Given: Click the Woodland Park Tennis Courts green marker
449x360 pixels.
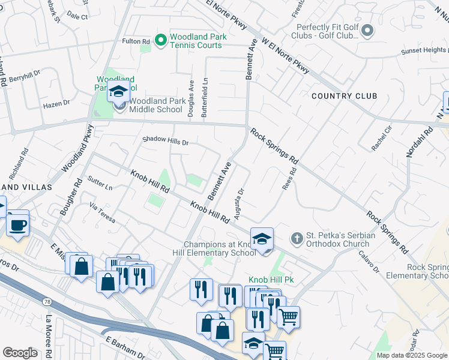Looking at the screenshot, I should pos(160,41).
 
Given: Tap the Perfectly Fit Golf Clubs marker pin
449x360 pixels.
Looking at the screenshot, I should pos(368,31).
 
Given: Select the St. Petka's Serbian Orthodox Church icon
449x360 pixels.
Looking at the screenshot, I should pos(296,239).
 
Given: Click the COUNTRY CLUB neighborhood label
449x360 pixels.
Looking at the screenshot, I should pos(344,96).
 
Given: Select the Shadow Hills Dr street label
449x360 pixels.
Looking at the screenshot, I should pos(165,142).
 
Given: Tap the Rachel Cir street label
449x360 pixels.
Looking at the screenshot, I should pos(381,138).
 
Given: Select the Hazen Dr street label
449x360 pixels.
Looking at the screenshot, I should pos(56,104).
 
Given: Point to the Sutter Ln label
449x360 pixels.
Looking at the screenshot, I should pos(100,182).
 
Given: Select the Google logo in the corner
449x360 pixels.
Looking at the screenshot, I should pos(20,353).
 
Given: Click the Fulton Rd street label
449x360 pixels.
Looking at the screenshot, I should pos(136,41).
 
